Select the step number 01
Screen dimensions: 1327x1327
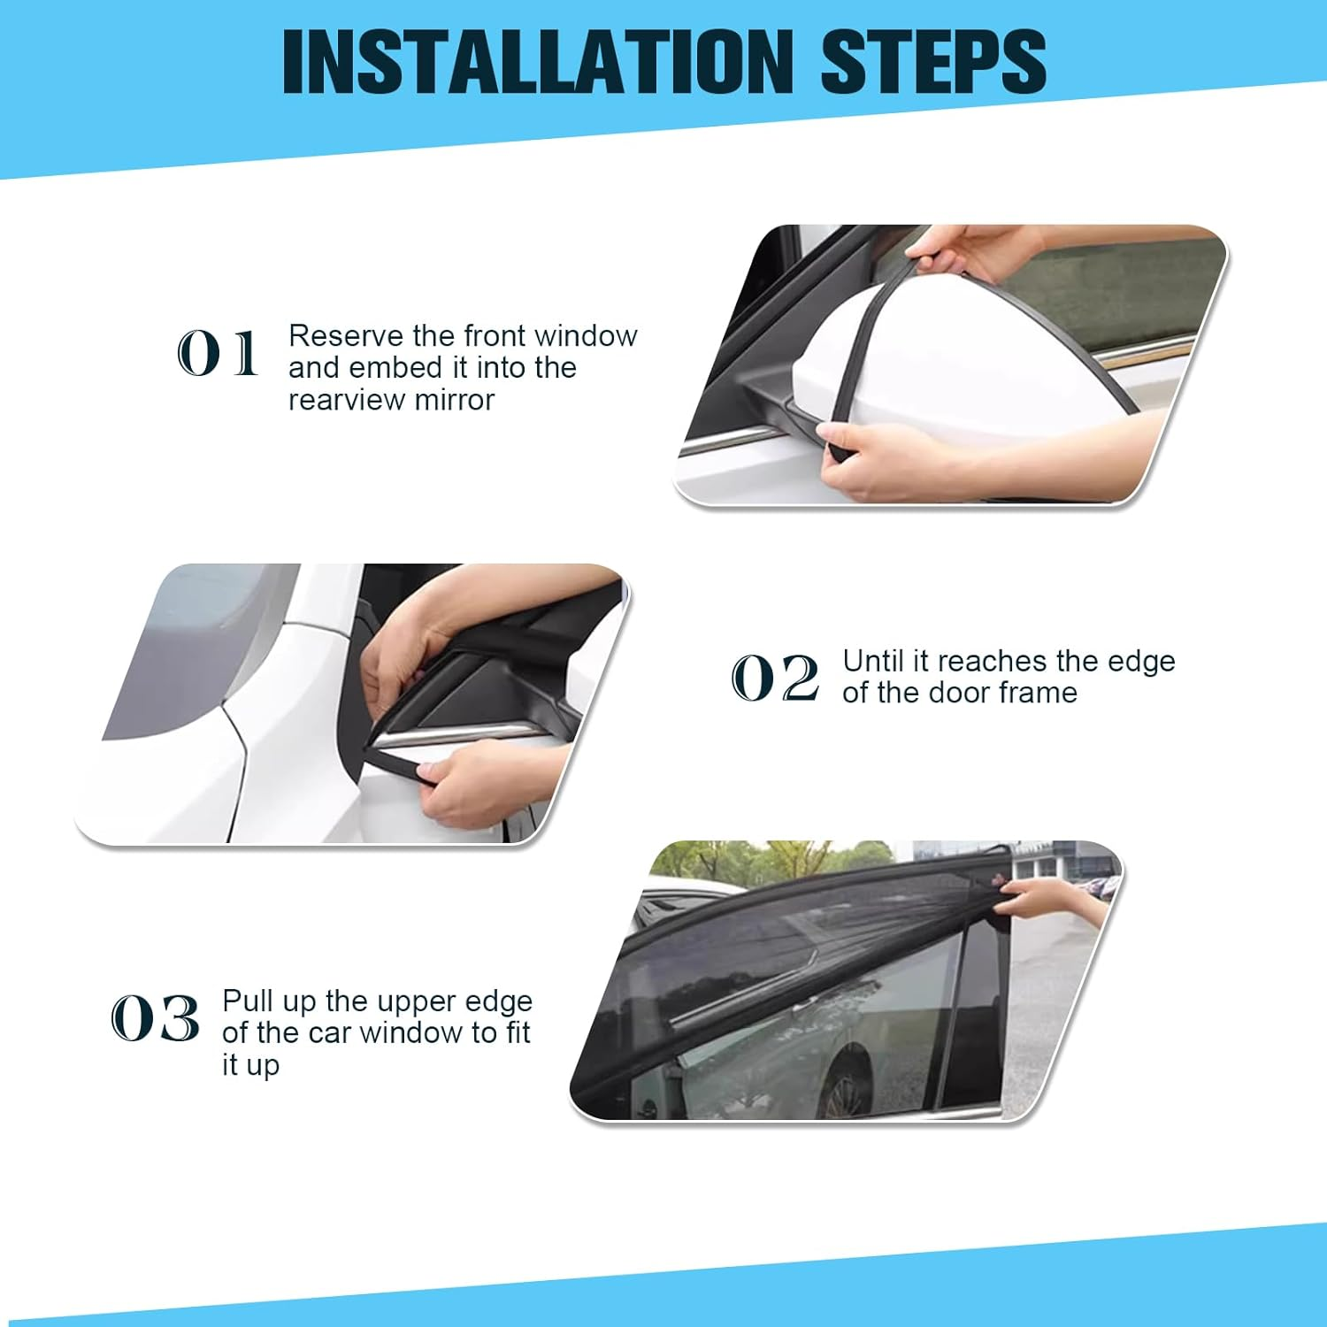(x=218, y=354)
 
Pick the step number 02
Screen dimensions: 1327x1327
(x=775, y=679)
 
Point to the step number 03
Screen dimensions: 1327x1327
(x=155, y=1018)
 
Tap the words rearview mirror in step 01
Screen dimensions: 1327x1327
(x=391, y=400)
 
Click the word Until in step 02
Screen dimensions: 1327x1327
(x=874, y=661)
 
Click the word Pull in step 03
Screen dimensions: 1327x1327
(x=247, y=1001)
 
